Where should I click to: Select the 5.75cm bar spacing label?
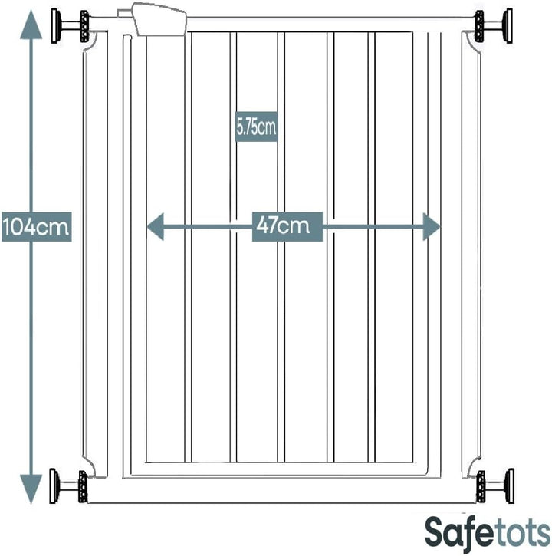click(x=256, y=128)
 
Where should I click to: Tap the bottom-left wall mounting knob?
click(x=67, y=486)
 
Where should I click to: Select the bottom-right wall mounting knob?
click(x=493, y=486)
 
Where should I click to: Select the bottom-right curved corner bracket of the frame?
click(x=470, y=464)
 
